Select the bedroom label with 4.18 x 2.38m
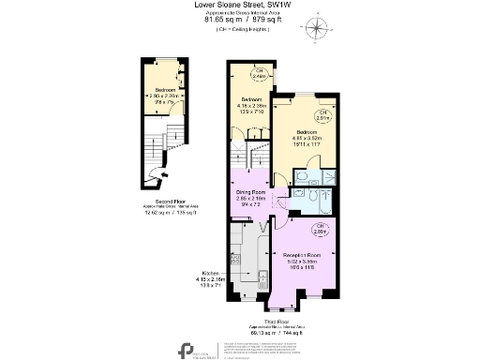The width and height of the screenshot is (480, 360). (x=252, y=104)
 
